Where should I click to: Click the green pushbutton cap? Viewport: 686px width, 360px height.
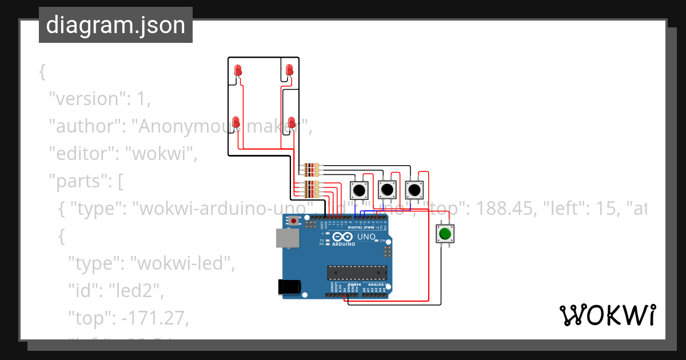(445, 233)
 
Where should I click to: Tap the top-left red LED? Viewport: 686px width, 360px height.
(238, 70)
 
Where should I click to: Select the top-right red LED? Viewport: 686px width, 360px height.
(289, 70)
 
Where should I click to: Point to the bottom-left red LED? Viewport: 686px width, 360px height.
(236, 122)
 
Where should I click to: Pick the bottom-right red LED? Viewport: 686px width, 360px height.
(292, 122)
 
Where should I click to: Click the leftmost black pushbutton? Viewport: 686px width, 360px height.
(359, 189)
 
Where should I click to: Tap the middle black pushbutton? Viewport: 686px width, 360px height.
(387, 189)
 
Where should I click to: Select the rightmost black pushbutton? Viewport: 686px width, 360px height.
(414, 189)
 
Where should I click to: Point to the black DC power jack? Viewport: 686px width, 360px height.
(289, 286)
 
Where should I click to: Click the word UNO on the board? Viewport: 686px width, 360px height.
(366, 237)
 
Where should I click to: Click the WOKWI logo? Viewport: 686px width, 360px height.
(607, 315)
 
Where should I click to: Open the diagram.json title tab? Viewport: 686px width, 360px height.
(115, 25)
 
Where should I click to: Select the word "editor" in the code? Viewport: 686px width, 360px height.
(82, 153)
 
